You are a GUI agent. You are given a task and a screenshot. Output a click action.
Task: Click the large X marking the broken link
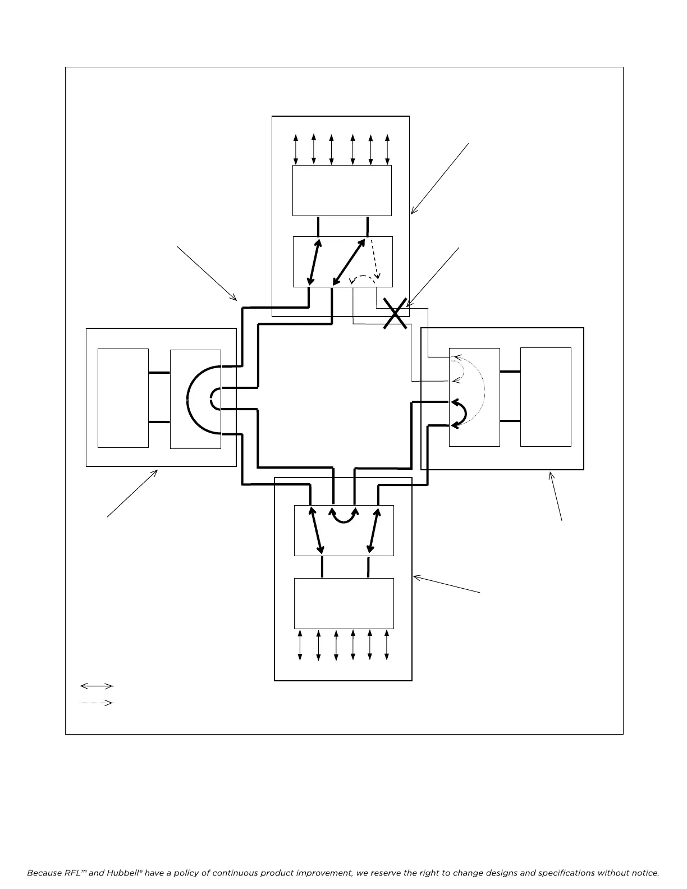click(x=396, y=313)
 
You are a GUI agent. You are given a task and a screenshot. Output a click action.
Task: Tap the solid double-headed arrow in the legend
click(x=97, y=686)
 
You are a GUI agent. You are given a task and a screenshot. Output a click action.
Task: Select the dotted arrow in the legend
click(x=97, y=703)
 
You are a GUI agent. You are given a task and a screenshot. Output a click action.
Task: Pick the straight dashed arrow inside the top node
click(x=374, y=259)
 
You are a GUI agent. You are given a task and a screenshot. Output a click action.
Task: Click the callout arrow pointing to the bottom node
click(x=447, y=584)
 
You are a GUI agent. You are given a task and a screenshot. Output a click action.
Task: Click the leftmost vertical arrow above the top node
click(x=296, y=150)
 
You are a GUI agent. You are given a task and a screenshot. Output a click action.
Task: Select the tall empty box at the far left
click(x=123, y=398)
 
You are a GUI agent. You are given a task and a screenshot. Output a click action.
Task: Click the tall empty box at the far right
click(x=546, y=397)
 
